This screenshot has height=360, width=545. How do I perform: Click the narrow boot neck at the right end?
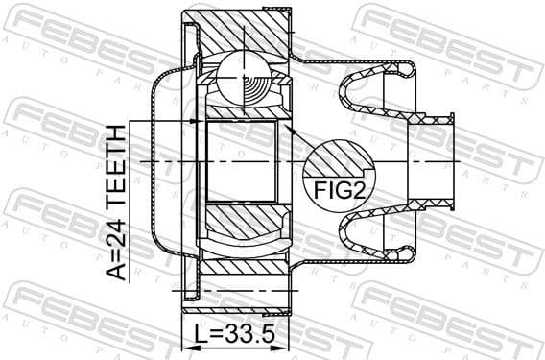tap(437, 160)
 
